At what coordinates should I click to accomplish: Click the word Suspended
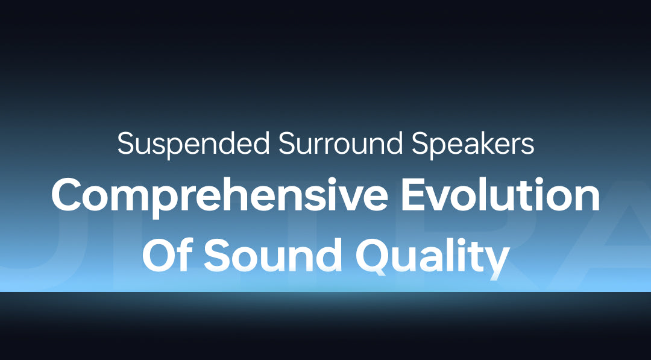[x=193, y=144]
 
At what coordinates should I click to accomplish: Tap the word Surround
[x=340, y=144]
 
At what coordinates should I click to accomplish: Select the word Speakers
[x=473, y=144]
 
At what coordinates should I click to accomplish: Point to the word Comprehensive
[x=219, y=197]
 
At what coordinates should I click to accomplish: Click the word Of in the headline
[x=168, y=254]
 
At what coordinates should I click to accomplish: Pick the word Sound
[x=273, y=254]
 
